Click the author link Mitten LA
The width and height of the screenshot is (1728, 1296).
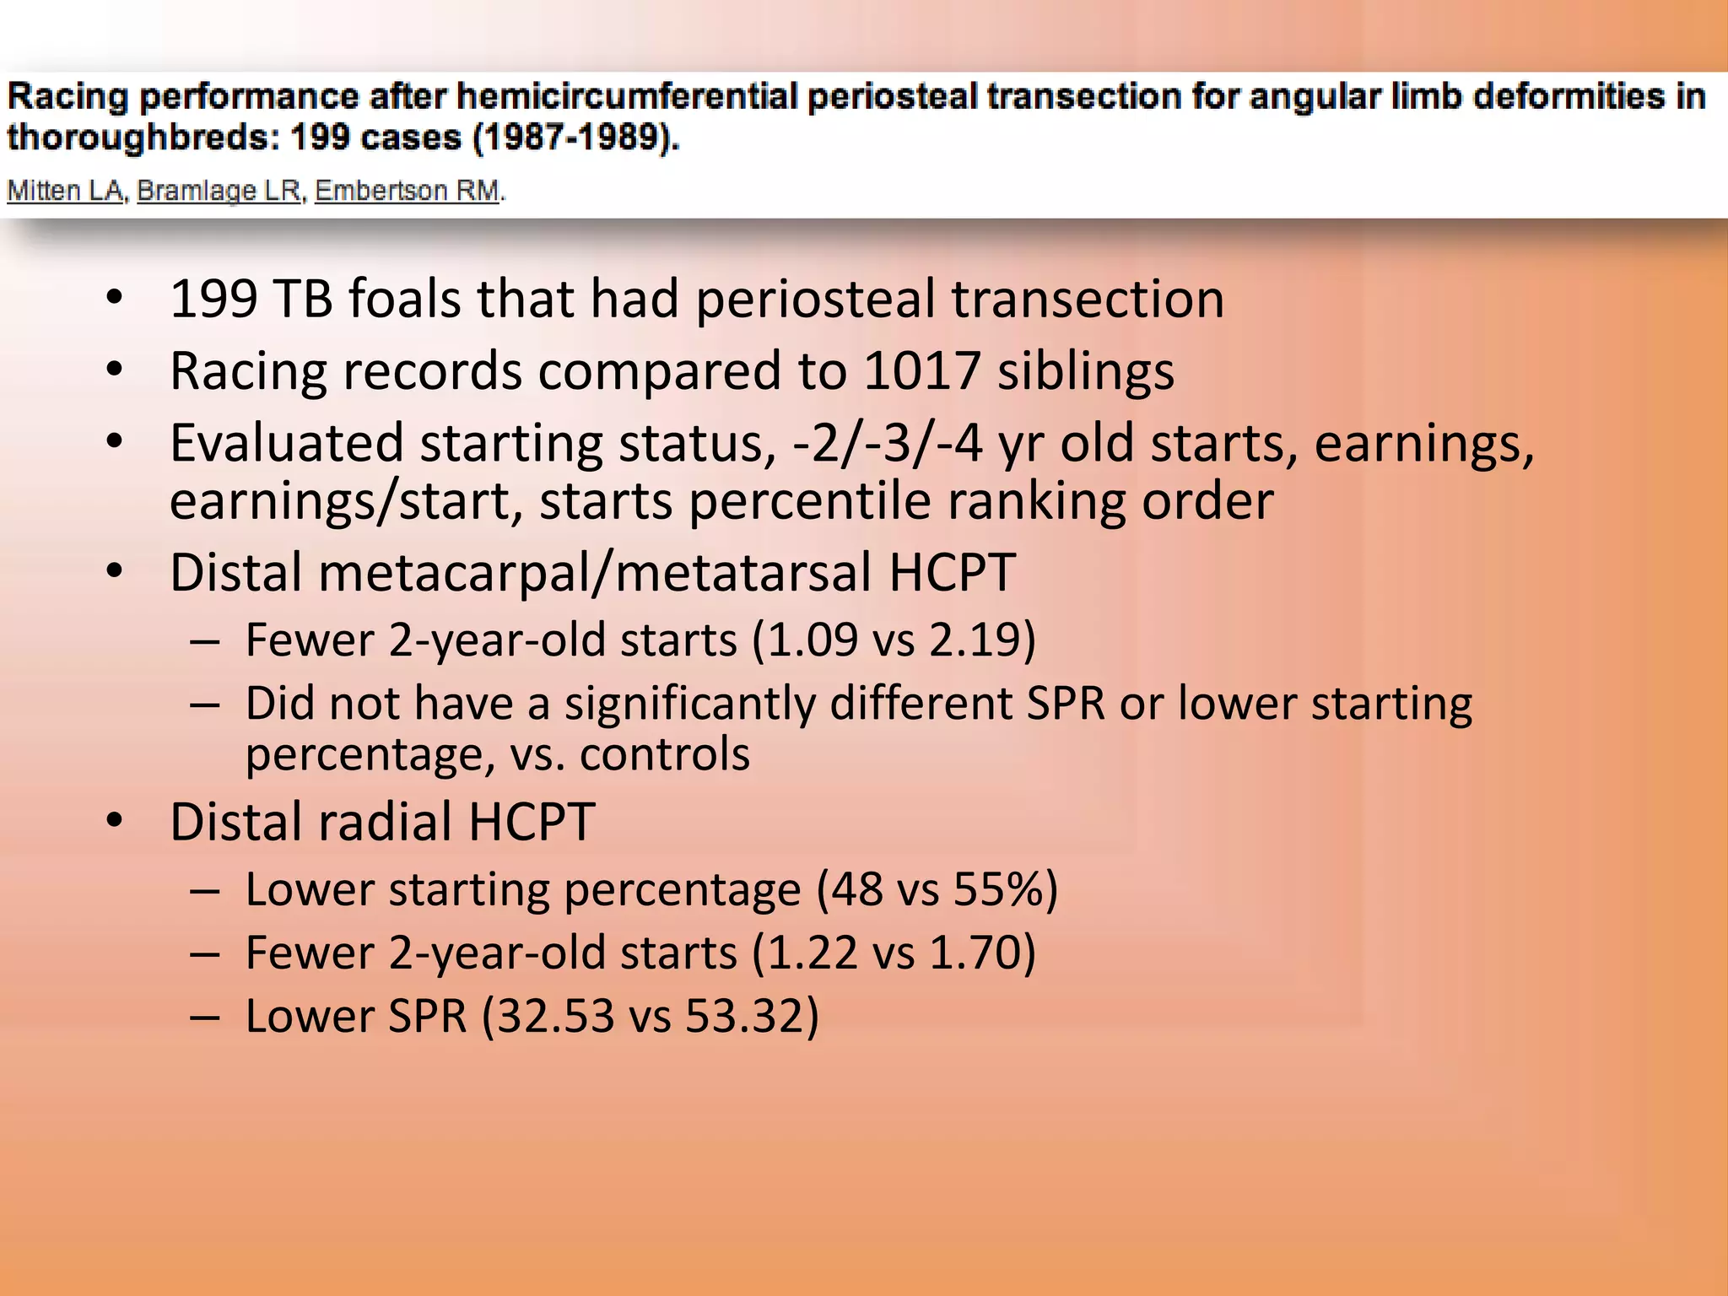(66, 191)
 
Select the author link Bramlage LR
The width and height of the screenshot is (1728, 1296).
(219, 191)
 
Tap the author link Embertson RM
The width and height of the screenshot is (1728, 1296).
(408, 191)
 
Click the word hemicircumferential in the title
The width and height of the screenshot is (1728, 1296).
(628, 96)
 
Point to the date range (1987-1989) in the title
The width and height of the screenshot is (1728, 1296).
(575, 138)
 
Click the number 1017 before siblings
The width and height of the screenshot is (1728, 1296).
(921, 371)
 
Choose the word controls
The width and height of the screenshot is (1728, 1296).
(664, 753)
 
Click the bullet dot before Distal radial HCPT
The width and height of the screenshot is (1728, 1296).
(116, 821)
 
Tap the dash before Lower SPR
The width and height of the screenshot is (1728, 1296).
(205, 1017)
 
